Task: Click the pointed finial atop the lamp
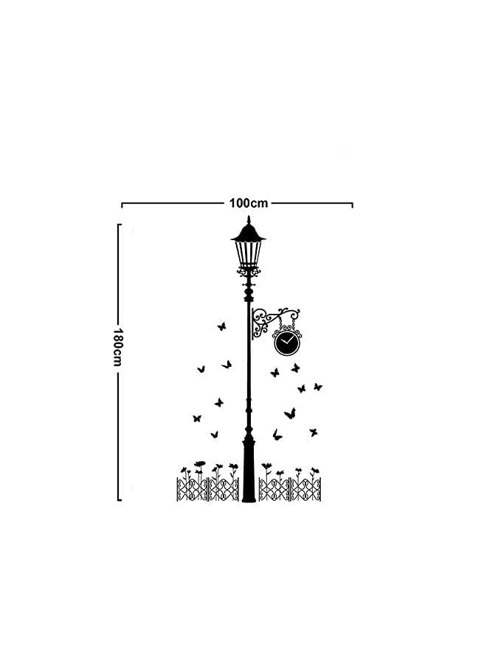tap(249, 220)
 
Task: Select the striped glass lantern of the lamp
tap(249, 254)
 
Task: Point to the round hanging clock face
tap(287, 343)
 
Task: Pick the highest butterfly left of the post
tap(221, 325)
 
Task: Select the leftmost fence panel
tap(192, 489)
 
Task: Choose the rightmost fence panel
tap(306, 489)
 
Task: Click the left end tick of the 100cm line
tap(122, 204)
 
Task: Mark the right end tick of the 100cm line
tap(353, 204)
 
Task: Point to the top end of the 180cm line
tap(119, 225)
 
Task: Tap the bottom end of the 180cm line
tap(119, 499)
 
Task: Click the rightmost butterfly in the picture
tap(318, 386)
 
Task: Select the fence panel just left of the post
tap(224, 489)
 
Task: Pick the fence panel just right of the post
tap(274, 489)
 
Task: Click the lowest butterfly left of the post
tap(215, 435)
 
